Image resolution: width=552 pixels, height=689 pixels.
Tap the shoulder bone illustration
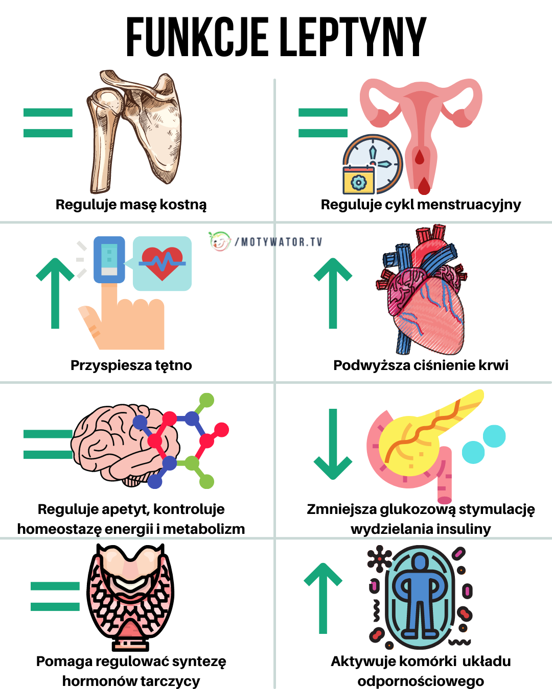(x=134, y=130)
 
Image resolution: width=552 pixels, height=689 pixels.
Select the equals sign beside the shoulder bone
(x=48, y=123)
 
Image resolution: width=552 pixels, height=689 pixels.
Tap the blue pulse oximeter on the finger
(x=109, y=259)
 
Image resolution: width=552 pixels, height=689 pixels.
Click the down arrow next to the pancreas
(x=333, y=444)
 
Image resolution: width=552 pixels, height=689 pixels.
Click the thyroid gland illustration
(x=130, y=595)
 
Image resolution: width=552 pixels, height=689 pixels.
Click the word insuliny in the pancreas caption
(x=462, y=529)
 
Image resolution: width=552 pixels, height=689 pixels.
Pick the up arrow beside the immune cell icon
(x=323, y=597)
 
